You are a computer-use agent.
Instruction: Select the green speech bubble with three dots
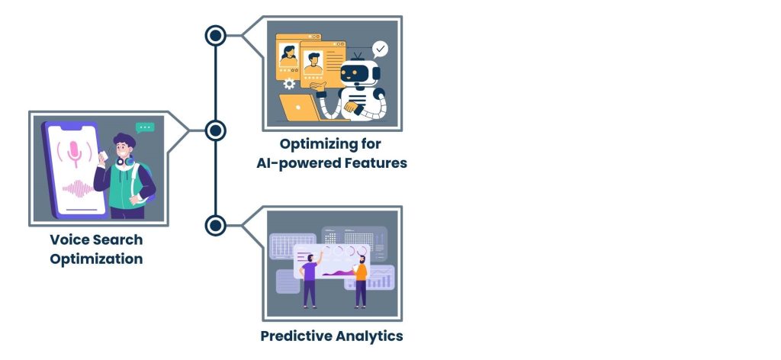click(x=144, y=128)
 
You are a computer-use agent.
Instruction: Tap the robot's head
click(x=358, y=72)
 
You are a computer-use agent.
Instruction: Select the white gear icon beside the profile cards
click(x=289, y=85)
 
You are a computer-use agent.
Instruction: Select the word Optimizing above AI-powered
click(x=330, y=143)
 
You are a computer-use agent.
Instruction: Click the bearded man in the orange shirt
click(x=361, y=278)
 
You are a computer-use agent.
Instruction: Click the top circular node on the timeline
click(x=216, y=35)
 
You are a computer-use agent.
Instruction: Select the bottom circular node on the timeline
click(x=216, y=226)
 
